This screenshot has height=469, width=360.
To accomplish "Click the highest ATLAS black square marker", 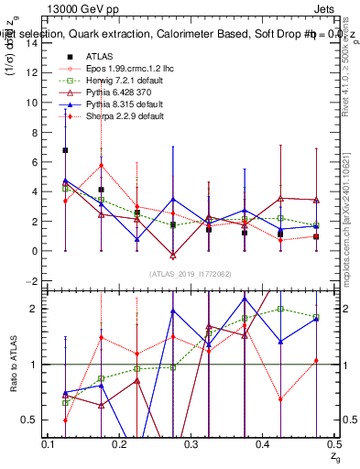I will coord(65,150).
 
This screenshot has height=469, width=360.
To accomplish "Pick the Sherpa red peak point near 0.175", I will coord(101,166).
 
